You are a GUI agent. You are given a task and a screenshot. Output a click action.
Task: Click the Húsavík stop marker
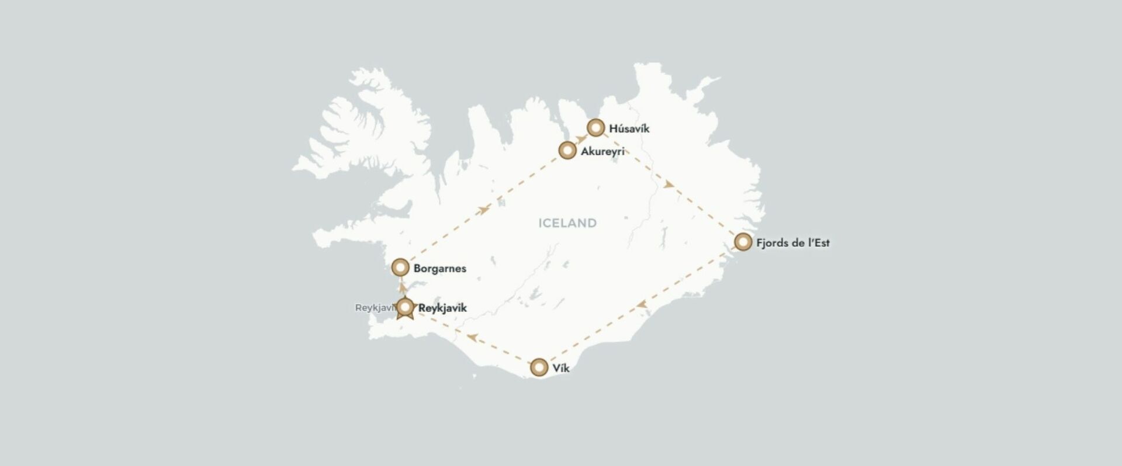click(595, 127)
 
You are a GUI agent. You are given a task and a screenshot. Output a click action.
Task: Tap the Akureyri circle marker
click(567, 151)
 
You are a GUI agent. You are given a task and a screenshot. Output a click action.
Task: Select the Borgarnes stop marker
click(400, 267)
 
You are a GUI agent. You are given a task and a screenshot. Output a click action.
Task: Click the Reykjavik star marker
click(405, 308)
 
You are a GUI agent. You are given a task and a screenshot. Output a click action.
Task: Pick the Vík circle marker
click(539, 367)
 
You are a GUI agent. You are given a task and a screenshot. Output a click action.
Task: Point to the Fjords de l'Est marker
click(743, 242)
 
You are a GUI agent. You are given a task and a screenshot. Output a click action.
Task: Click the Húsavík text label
click(629, 128)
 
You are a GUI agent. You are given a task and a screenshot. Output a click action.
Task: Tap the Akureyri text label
click(602, 151)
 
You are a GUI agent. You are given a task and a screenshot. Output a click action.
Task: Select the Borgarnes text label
click(439, 269)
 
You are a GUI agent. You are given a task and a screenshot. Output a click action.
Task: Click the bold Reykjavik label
click(442, 308)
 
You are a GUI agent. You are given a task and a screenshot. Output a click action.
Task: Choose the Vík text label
click(560, 368)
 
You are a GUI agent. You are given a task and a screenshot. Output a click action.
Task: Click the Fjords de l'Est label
click(792, 243)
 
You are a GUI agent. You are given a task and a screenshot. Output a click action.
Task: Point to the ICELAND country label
click(567, 223)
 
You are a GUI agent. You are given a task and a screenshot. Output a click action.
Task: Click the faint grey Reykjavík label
click(375, 308)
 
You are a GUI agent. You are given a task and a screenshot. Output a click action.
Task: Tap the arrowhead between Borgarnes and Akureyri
click(483, 210)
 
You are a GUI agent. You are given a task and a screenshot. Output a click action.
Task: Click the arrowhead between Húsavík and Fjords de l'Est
click(669, 185)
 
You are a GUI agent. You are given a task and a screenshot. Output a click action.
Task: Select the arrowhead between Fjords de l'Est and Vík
click(641, 304)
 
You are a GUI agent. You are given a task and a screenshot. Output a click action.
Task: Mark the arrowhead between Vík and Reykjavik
click(472, 338)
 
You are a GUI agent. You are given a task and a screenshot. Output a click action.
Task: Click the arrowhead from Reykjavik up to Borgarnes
click(402, 287)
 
